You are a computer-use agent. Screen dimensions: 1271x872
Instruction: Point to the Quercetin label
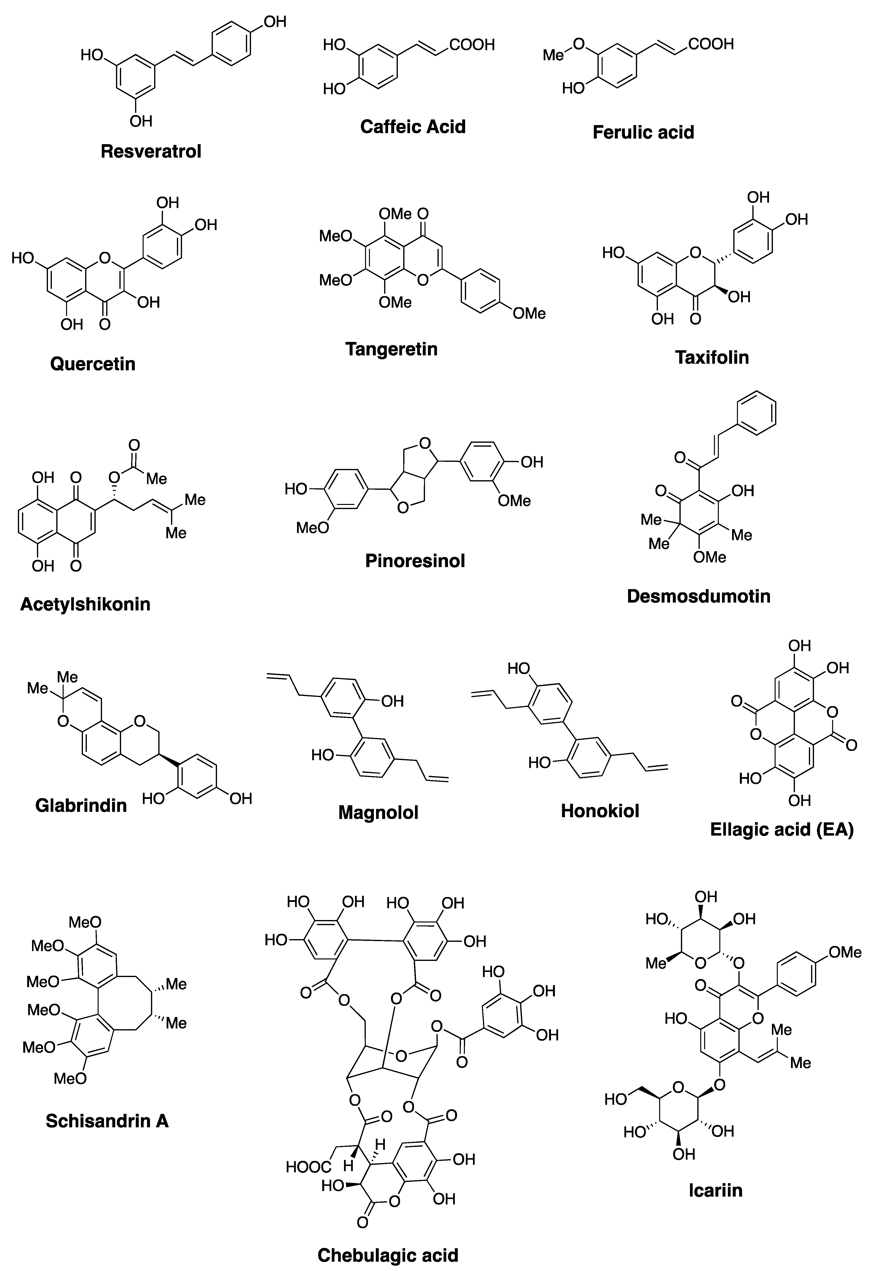[x=93, y=364]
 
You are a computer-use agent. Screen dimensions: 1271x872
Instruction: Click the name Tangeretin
[x=391, y=349]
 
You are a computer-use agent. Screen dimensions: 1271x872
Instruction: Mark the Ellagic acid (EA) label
[x=782, y=830]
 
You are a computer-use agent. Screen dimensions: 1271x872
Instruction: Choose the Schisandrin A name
[x=107, y=1121]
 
